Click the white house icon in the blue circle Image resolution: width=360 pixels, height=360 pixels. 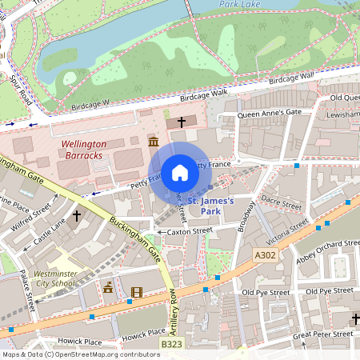(x=179, y=172)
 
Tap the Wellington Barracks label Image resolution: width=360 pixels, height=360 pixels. (x=83, y=150)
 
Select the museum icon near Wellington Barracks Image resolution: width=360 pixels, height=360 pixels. (x=153, y=142)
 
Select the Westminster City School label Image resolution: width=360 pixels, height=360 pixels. (x=56, y=278)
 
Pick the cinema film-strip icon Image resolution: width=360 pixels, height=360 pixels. (x=136, y=292)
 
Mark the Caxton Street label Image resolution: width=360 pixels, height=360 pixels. (x=189, y=231)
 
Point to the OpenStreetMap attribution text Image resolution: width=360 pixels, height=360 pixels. (x=80, y=354)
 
